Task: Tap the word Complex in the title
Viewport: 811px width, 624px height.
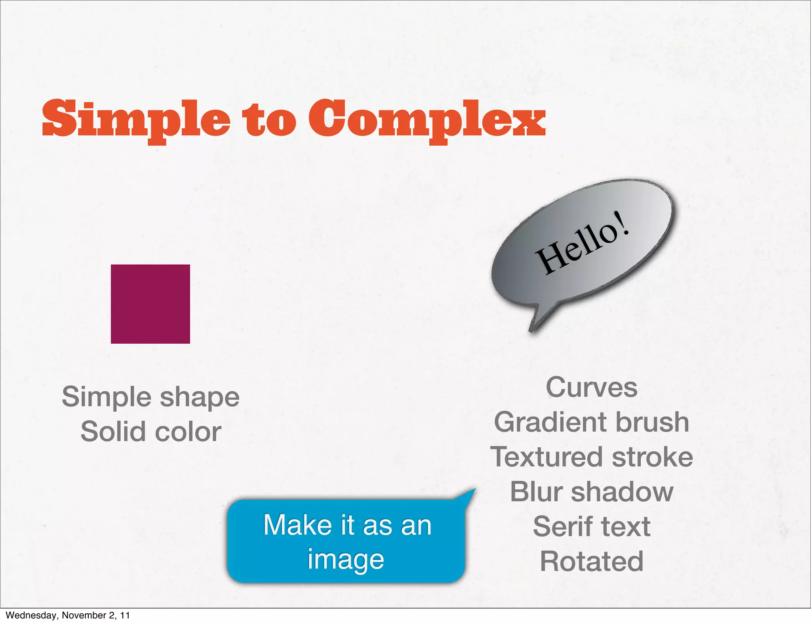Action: [x=427, y=119]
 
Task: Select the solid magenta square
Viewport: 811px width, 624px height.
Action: [x=150, y=304]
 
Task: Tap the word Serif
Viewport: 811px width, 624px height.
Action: [x=558, y=527]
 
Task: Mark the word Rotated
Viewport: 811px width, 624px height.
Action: [x=592, y=561]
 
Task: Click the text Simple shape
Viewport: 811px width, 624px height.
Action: [x=150, y=397]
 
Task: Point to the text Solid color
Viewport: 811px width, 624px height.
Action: [x=150, y=432]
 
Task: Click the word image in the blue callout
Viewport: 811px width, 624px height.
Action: [x=346, y=560]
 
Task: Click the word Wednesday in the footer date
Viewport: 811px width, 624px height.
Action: [x=31, y=615]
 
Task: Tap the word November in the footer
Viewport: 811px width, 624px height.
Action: [x=80, y=615]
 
